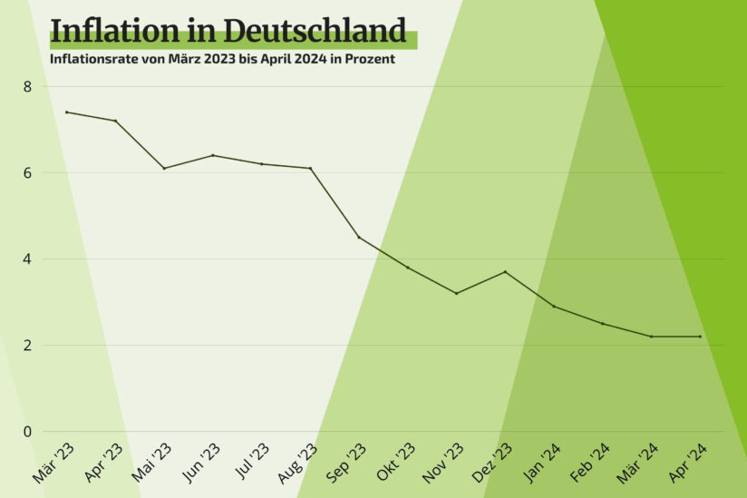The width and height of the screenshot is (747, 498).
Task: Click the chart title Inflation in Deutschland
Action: (x=228, y=31)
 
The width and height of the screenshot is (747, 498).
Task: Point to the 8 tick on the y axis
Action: (x=28, y=86)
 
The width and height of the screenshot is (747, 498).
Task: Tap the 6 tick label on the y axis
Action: (x=28, y=172)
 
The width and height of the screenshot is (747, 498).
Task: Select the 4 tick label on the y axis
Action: (x=28, y=259)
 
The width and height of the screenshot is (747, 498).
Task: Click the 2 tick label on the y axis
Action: (x=28, y=345)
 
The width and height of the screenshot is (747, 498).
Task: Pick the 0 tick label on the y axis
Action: (x=28, y=431)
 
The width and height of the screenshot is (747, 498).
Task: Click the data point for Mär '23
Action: (x=66, y=112)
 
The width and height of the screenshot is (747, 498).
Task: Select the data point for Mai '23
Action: (x=164, y=168)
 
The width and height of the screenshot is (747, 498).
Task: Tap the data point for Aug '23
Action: (x=310, y=168)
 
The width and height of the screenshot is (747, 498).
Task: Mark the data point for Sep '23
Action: (x=359, y=237)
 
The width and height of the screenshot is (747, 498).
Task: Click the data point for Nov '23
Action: (x=456, y=293)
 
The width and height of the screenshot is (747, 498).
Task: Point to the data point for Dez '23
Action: (x=505, y=271)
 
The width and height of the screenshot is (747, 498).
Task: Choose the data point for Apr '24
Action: (x=700, y=337)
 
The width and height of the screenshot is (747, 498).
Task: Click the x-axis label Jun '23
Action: (x=200, y=463)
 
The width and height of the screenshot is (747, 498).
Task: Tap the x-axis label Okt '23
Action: (x=395, y=463)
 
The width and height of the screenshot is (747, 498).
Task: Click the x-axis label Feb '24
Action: (x=590, y=463)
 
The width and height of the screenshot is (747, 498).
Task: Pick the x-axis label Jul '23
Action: (x=250, y=463)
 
